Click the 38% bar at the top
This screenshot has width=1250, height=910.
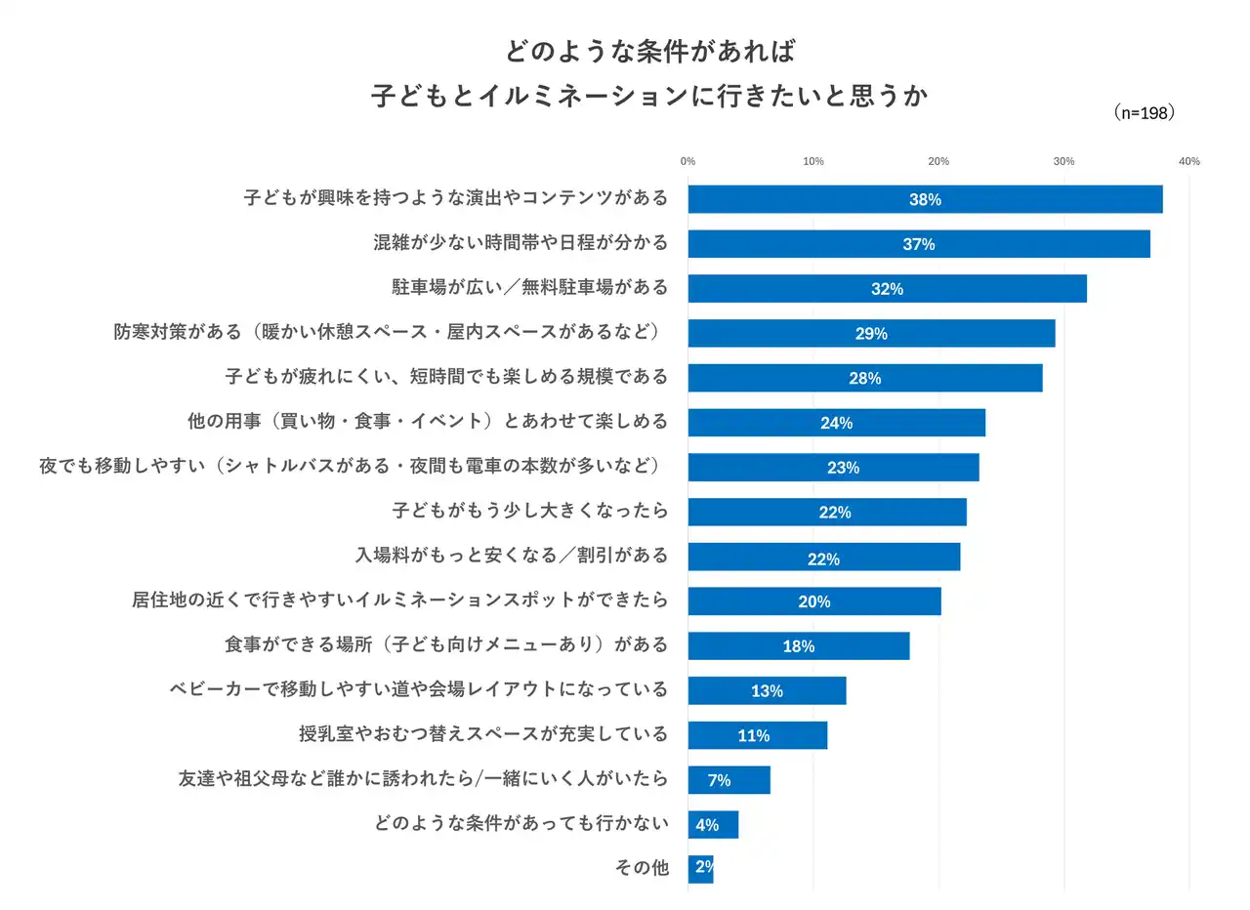pos(925,199)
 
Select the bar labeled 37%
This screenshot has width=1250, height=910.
pos(918,244)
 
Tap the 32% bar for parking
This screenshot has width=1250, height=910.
pos(887,289)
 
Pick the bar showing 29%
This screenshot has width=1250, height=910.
pos(871,334)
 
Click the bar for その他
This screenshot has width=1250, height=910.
pos(700,869)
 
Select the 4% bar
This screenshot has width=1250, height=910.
pos(713,825)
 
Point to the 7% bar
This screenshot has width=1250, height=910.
pos(729,780)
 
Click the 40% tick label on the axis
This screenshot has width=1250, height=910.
pos(1188,161)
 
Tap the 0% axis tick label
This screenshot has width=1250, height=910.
pos(687,161)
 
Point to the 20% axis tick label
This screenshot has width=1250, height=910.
pos(938,161)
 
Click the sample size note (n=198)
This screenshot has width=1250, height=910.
pos(1144,113)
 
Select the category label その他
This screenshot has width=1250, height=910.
pos(642,868)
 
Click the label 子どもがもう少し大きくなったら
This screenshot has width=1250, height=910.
pos(530,511)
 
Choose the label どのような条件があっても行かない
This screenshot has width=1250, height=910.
pos(521,823)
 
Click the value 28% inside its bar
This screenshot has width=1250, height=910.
pos(865,379)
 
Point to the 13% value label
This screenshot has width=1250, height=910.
pos(767,691)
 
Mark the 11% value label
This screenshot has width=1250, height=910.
pos(753,736)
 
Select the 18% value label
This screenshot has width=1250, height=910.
pos(798,646)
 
